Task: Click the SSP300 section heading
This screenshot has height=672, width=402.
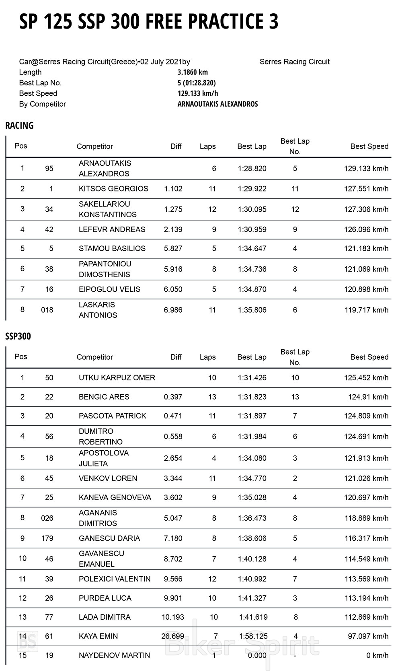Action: click(18, 336)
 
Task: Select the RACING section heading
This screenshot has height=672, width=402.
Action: click(19, 126)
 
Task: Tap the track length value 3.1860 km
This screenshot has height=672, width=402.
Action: click(193, 72)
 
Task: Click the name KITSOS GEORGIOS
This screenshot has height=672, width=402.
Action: click(113, 189)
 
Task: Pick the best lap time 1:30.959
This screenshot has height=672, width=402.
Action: click(252, 230)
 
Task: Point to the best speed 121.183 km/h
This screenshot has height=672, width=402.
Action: click(366, 249)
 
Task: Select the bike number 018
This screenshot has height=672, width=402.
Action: click(47, 310)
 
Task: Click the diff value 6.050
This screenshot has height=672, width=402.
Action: click(173, 289)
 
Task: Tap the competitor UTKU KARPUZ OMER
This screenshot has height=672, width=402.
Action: click(117, 378)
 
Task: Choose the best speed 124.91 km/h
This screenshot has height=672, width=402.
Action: click(368, 397)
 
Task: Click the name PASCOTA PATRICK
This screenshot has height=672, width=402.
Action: click(113, 416)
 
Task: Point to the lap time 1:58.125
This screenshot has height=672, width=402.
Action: click(253, 636)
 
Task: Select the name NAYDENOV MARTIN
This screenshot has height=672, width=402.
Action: click(115, 656)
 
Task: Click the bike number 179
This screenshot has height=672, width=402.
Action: click(47, 538)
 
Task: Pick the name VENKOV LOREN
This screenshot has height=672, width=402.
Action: click(108, 478)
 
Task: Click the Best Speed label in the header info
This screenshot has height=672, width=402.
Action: click(38, 93)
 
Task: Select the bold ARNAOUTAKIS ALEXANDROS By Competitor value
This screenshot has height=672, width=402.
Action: click(217, 104)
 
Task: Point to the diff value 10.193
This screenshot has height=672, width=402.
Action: click(172, 617)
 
